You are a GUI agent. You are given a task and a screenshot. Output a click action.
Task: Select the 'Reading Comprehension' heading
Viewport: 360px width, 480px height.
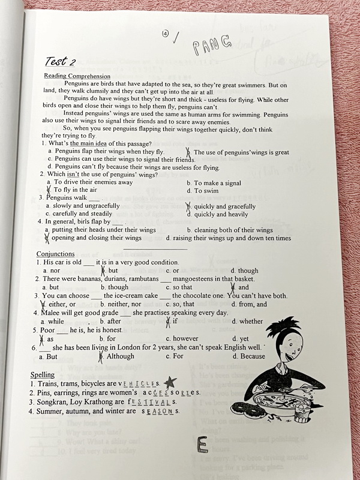click(77, 76)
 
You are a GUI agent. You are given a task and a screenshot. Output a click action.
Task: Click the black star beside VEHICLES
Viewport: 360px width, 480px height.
click(170, 382)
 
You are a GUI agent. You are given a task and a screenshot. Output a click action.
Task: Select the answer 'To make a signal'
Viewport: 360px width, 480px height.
click(214, 182)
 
